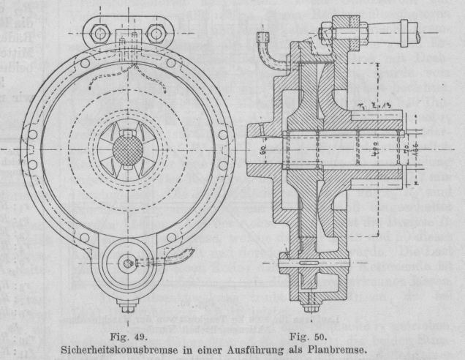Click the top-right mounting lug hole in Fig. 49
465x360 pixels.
point(155,31)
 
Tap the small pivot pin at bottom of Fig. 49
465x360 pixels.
point(129,263)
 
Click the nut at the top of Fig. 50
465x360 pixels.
point(323,32)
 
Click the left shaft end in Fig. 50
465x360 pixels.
point(254,151)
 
